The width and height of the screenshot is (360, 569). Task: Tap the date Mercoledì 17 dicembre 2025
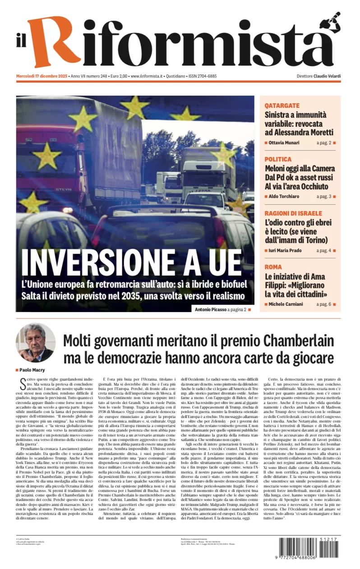tap(43, 76)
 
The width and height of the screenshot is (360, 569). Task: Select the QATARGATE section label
tap(282, 106)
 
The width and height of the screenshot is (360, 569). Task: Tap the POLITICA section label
tap(278, 159)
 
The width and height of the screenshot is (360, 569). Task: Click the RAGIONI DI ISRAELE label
tap(293, 213)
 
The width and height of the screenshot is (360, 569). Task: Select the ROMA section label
tap(273, 267)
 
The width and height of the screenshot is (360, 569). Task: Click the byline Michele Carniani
tap(286, 304)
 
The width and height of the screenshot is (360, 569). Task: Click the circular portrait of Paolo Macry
tap(36, 343)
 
